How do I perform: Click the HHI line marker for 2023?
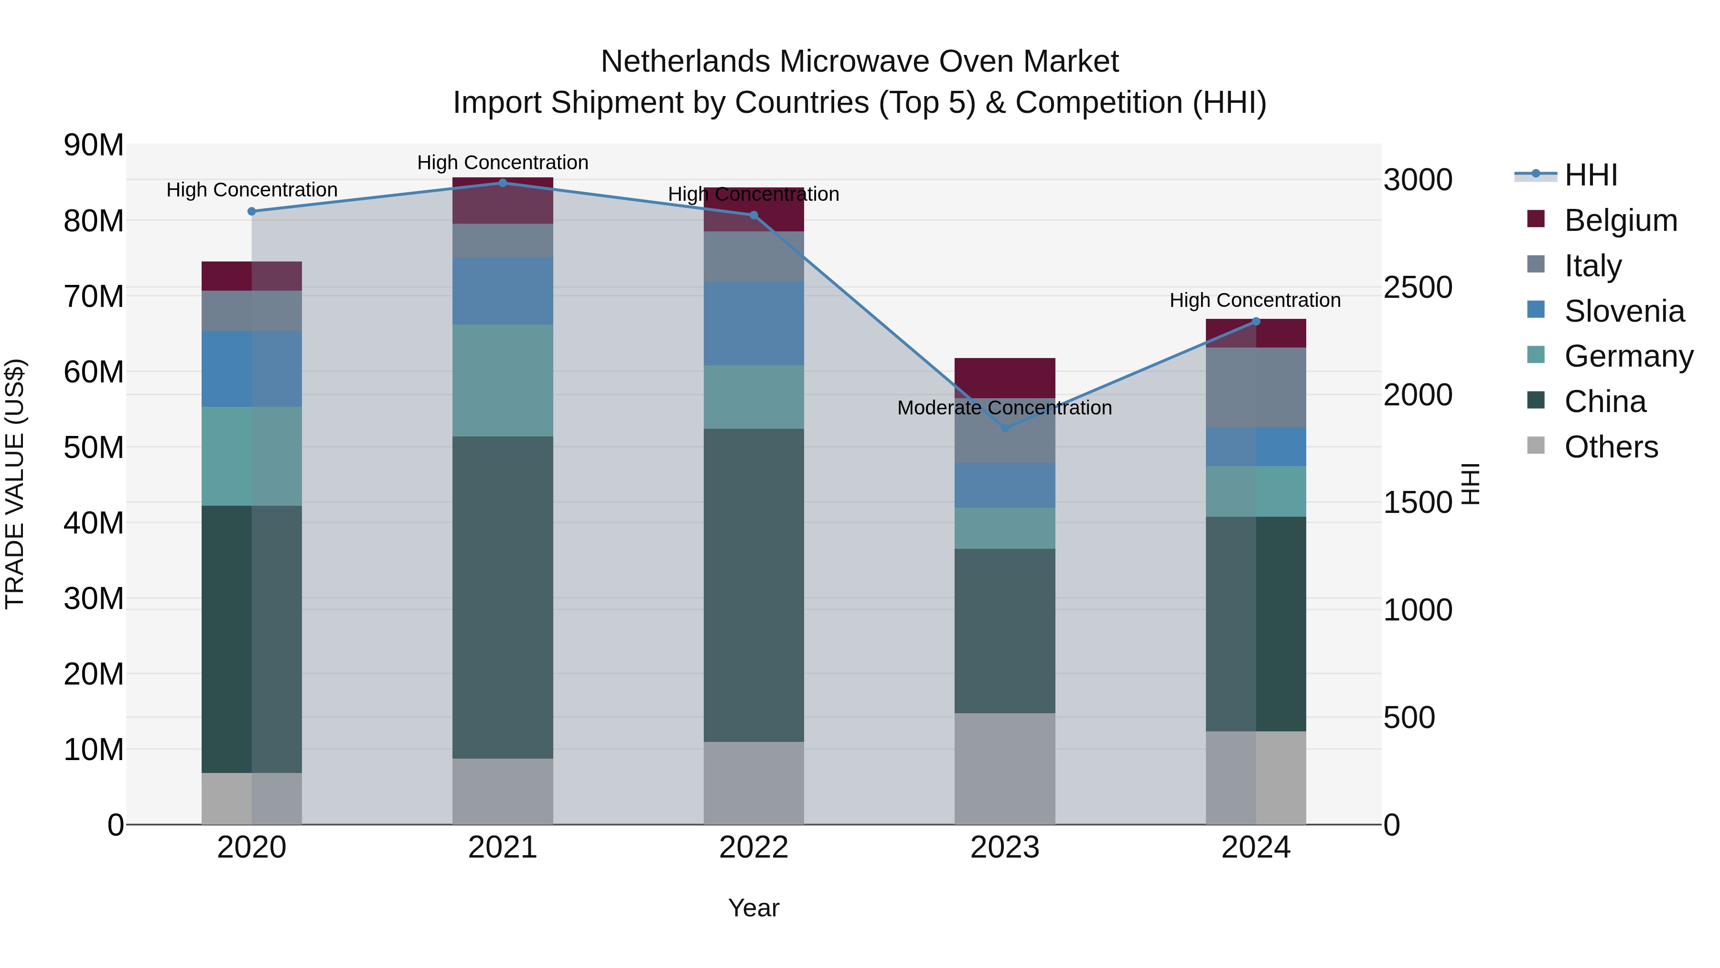[1005, 427]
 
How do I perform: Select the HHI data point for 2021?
[503, 183]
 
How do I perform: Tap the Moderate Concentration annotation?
[1004, 407]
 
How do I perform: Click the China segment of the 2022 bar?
[754, 585]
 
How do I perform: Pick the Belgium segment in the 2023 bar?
[1005, 378]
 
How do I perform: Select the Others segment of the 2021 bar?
[503, 791]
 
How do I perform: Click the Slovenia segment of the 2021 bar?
[503, 291]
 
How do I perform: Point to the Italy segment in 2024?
[1255, 388]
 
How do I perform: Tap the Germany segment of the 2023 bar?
[1005, 528]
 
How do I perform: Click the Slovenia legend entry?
[1624, 311]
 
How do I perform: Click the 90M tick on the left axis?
[94, 145]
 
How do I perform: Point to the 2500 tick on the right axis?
[1418, 287]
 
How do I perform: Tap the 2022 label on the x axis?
[754, 848]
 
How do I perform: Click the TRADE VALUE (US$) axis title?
[15, 484]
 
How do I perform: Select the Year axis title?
[754, 908]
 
